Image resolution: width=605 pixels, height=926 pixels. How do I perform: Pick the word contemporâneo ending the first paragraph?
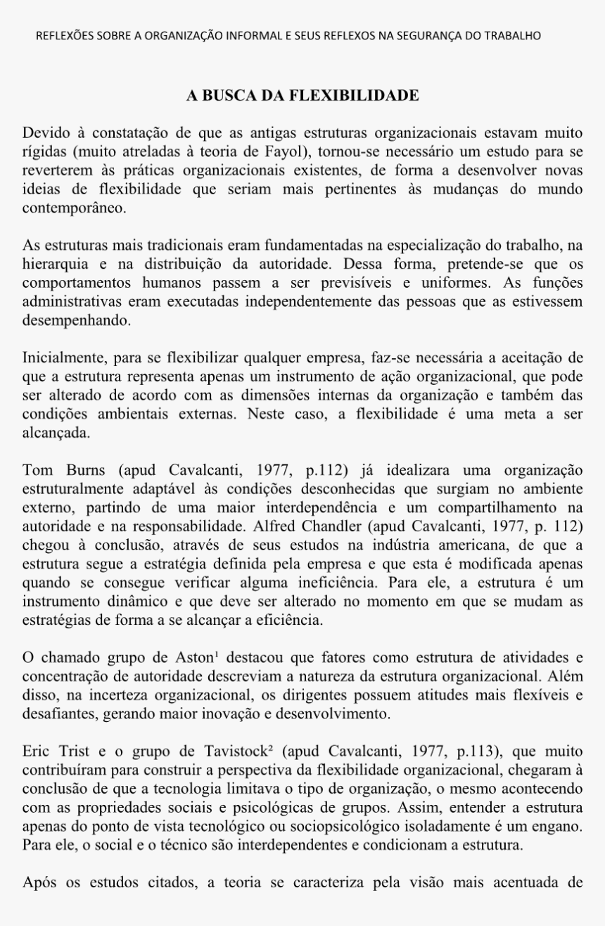[x=74, y=209]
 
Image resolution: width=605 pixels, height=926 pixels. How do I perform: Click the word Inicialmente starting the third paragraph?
[x=61, y=357]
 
